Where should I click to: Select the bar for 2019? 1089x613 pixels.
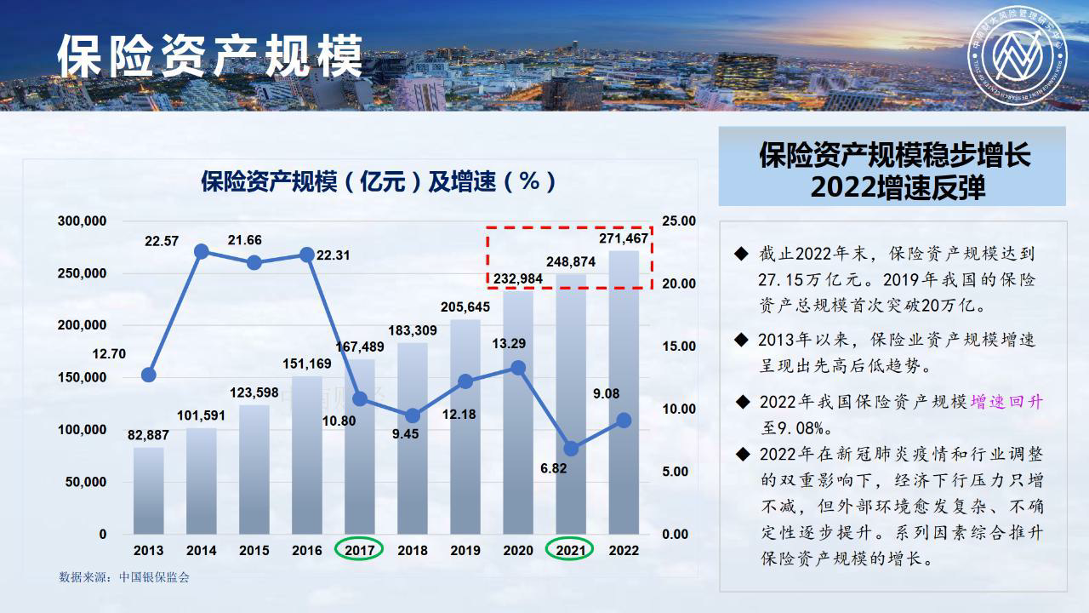[x=465, y=426]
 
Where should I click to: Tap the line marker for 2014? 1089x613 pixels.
[x=202, y=251]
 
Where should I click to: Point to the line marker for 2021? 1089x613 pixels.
[x=571, y=449]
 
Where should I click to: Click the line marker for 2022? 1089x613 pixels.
[x=624, y=421]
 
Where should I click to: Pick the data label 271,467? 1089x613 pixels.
[x=624, y=238]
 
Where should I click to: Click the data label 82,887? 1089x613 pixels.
[x=149, y=435]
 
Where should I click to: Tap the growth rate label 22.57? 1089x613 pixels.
[x=162, y=241]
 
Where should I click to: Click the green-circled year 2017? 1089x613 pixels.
[x=360, y=550]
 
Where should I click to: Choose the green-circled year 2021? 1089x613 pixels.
[x=571, y=550]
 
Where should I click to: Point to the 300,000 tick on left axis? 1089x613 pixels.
[x=83, y=221]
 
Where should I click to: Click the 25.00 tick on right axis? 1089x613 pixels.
[x=680, y=221]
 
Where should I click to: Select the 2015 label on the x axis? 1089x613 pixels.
[x=254, y=550]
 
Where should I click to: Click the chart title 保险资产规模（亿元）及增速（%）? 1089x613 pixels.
[x=379, y=181]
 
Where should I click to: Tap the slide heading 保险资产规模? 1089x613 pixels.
[x=209, y=57]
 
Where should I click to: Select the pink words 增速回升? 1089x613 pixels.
[x=1006, y=402]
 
